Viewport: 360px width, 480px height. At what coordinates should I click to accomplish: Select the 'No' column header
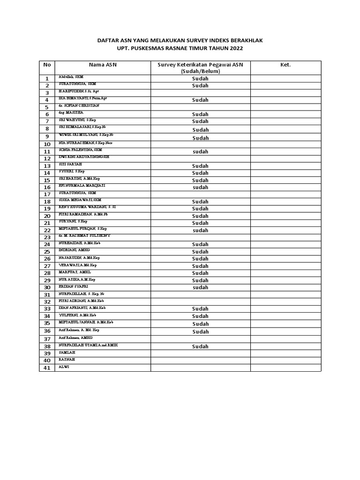coord(47,65)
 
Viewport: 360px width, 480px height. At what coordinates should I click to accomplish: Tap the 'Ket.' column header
coord(285,65)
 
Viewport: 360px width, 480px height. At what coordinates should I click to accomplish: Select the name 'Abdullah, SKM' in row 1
coord(71,76)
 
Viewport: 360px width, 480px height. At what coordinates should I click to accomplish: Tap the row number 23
coord(47,238)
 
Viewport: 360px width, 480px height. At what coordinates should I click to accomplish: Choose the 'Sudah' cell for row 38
coord(200,346)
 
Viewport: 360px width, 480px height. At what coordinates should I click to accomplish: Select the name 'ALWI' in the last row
coord(63,367)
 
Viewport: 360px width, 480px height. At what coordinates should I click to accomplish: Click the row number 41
coord(47,368)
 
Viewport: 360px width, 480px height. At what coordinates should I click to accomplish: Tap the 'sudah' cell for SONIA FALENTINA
coord(200,152)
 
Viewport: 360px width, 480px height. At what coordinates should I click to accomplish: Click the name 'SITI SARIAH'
coord(70,164)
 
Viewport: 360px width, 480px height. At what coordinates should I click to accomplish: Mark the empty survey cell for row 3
coord(200,93)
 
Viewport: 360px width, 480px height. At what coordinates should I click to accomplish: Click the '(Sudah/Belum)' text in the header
coord(200,71)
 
